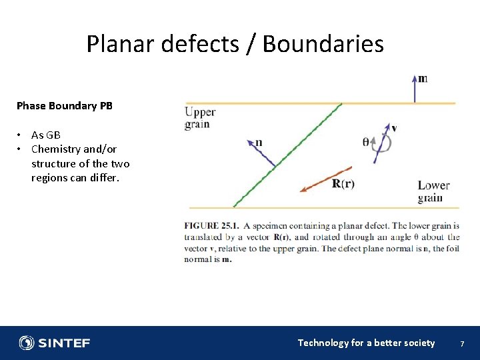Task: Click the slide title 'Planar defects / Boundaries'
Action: (x=235, y=44)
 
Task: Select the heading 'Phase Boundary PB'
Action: (x=65, y=106)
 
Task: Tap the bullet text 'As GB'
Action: (x=46, y=135)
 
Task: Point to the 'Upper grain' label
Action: (x=199, y=117)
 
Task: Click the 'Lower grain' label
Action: (x=433, y=191)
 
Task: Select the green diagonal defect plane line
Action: (x=287, y=155)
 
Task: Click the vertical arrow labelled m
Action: (x=414, y=90)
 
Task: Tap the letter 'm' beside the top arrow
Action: (x=423, y=78)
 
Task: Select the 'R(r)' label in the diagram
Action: (x=343, y=184)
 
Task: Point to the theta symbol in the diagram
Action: (x=365, y=141)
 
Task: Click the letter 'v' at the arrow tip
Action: (x=394, y=127)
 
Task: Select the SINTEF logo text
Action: (x=64, y=343)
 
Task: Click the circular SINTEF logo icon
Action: (x=27, y=343)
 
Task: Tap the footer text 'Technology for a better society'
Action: (x=366, y=343)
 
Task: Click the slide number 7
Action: (x=461, y=343)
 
